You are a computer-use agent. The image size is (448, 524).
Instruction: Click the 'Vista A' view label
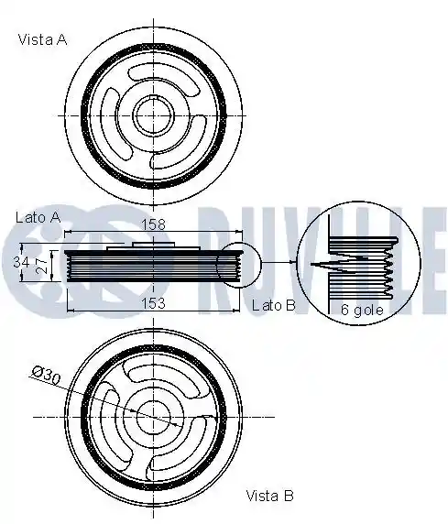(x=42, y=39)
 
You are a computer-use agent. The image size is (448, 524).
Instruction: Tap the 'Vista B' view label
(x=269, y=496)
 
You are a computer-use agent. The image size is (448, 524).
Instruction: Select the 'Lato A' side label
(x=38, y=217)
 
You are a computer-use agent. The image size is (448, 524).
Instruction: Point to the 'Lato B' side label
(x=274, y=305)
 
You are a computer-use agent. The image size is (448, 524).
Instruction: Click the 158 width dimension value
(x=154, y=224)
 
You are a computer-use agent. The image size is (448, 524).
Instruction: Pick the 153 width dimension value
(x=154, y=303)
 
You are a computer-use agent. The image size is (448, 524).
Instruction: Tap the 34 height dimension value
(x=21, y=262)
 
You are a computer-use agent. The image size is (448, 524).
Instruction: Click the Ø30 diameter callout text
(x=46, y=376)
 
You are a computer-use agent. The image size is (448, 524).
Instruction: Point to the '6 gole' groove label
(x=362, y=311)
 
